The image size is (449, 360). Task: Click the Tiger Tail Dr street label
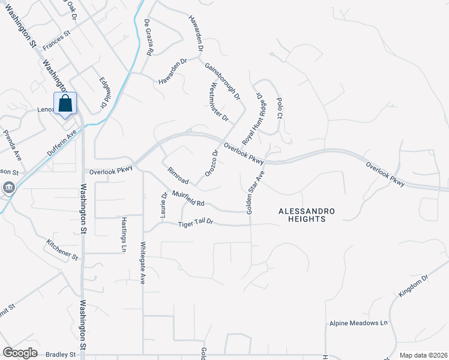pyautogui.click(x=196, y=224)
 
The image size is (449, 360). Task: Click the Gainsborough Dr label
pyautogui.click(x=222, y=80)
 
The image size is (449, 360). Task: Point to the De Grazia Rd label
pyautogui.click(x=149, y=37)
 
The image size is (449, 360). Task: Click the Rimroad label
pyautogui.click(x=178, y=176)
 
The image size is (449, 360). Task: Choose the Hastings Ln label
pyautogui.click(x=124, y=234)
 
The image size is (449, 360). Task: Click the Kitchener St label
pyautogui.click(x=62, y=249)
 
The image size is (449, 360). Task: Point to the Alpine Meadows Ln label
pyautogui.click(x=358, y=323)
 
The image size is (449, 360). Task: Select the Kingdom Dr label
pyautogui.click(x=414, y=287)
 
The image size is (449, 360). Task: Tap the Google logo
pyautogui.click(x=20, y=353)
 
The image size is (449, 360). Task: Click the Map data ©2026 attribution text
pyautogui.click(x=423, y=355)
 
